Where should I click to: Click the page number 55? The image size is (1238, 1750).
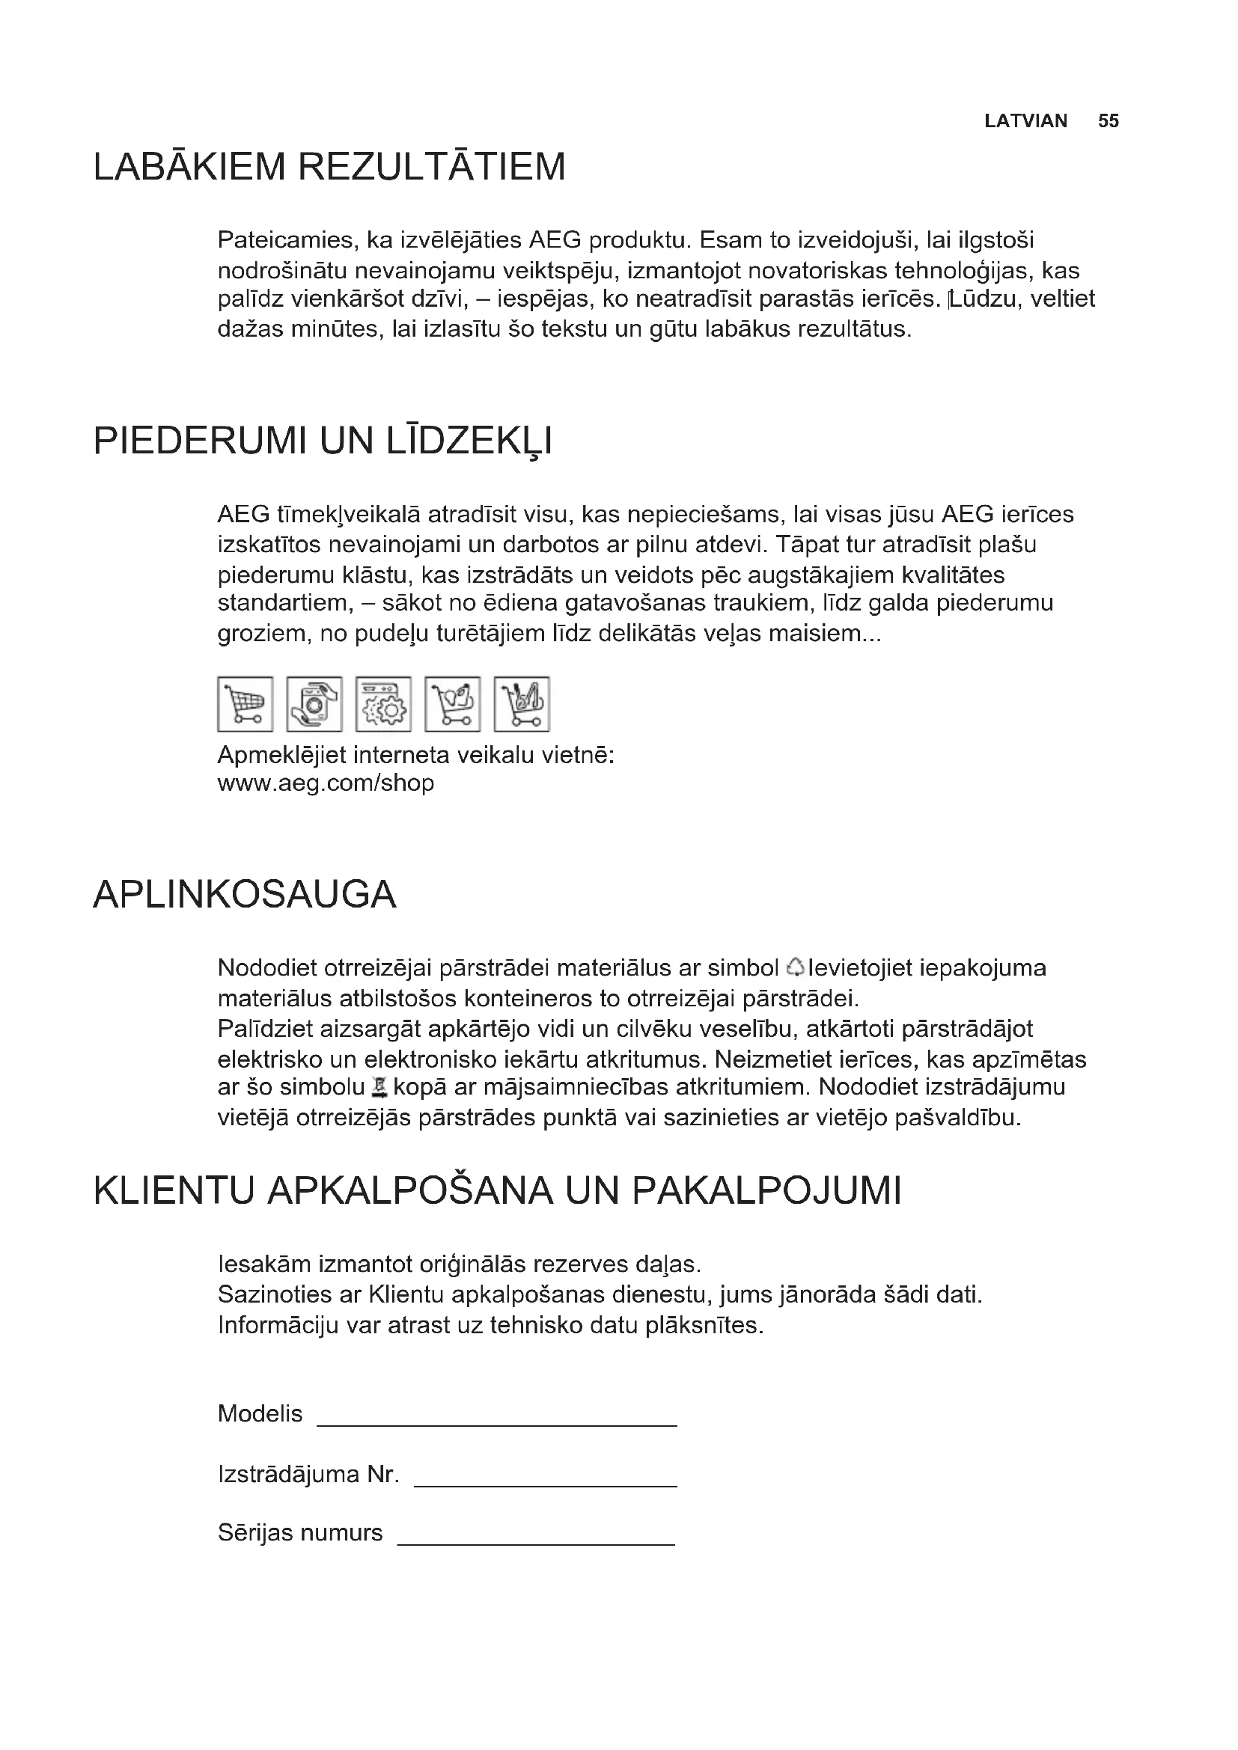click(x=1108, y=121)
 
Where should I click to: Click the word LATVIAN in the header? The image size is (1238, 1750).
click(x=1025, y=121)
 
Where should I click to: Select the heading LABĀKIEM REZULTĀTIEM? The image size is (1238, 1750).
click(x=329, y=167)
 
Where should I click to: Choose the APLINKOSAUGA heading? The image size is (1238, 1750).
click(x=245, y=894)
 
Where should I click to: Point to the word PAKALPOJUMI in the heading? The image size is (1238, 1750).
click(x=766, y=1190)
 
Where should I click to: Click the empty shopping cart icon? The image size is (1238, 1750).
click(x=246, y=703)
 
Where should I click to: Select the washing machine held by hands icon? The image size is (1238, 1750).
click(x=314, y=703)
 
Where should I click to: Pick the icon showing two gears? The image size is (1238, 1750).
click(x=383, y=703)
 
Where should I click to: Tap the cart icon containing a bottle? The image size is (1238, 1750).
click(x=453, y=703)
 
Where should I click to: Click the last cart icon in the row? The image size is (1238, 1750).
click(x=522, y=703)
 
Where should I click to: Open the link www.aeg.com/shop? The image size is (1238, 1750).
click(x=326, y=783)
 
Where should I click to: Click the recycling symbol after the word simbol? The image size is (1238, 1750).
click(x=794, y=967)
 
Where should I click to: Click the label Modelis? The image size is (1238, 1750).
click(x=260, y=1414)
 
